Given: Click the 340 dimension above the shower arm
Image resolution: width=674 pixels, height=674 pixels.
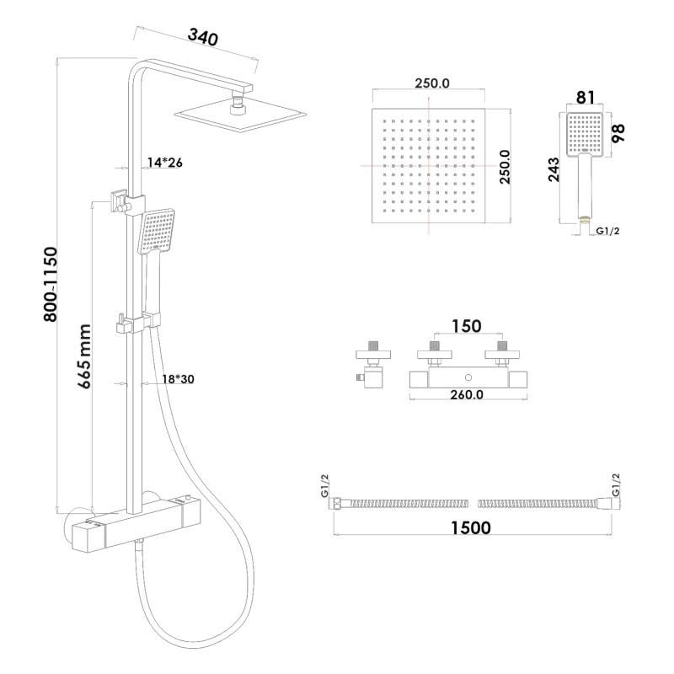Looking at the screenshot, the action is coord(203,37).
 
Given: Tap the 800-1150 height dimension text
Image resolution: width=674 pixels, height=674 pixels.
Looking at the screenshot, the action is coord(51,284).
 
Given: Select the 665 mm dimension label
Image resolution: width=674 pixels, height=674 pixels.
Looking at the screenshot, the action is coord(84,356).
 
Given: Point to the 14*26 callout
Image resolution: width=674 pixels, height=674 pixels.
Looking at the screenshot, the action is coord(164,163).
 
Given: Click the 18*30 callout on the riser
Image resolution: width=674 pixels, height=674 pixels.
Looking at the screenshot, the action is coord(178,379).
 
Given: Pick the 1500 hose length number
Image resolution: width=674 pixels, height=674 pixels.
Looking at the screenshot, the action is coord(471,528).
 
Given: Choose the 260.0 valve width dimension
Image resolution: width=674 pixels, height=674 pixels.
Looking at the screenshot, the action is coord(467,394).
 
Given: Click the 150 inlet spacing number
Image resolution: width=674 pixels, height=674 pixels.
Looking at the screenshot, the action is coord(467,326).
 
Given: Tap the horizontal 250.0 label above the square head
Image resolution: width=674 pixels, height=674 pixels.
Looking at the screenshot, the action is coord(432,83).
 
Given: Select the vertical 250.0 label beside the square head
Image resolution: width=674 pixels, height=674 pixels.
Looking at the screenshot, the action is coord(505,167).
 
